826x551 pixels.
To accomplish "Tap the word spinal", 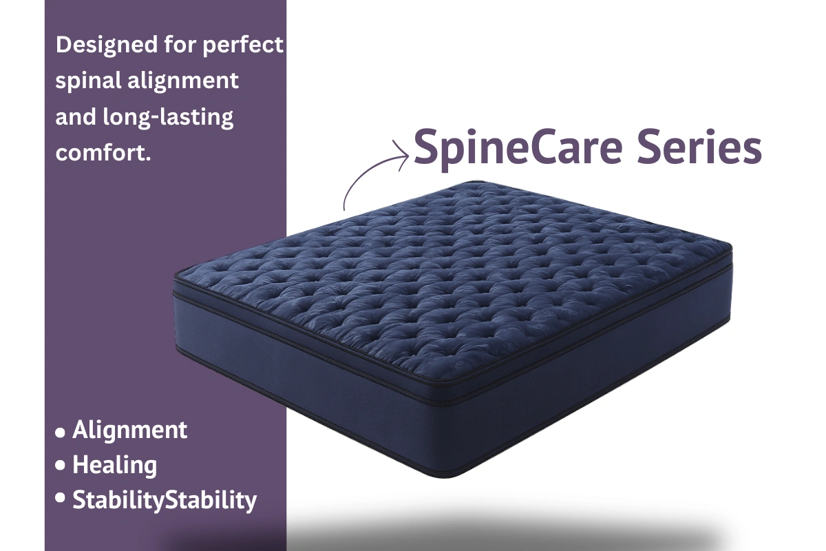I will [x=87, y=81].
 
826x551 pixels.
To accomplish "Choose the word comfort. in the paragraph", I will [x=103, y=152].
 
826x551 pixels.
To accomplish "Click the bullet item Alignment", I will [x=129, y=430].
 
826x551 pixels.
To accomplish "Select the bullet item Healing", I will [x=114, y=465].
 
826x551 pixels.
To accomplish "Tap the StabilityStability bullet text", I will [x=165, y=500].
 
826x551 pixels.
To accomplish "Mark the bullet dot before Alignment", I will [x=61, y=433].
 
